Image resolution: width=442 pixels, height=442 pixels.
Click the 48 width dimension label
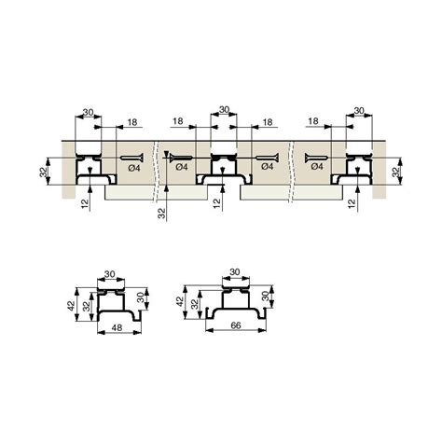(117, 327)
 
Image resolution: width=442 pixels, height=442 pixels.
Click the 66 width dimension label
(236, 325)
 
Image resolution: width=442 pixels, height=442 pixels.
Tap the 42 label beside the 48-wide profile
(72, 305)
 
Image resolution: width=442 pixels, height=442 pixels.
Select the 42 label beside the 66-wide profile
(180, 301)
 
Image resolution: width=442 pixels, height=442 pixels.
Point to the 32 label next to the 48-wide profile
(86, 307)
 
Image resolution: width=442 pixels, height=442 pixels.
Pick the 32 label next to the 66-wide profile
(195, 304)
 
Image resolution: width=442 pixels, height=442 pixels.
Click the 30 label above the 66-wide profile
(235, 272)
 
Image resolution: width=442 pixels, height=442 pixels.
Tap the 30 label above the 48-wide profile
(110, 274)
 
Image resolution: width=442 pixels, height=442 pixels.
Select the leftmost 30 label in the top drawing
(89, 112)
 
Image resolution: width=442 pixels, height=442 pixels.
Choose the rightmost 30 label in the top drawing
(359, 110)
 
